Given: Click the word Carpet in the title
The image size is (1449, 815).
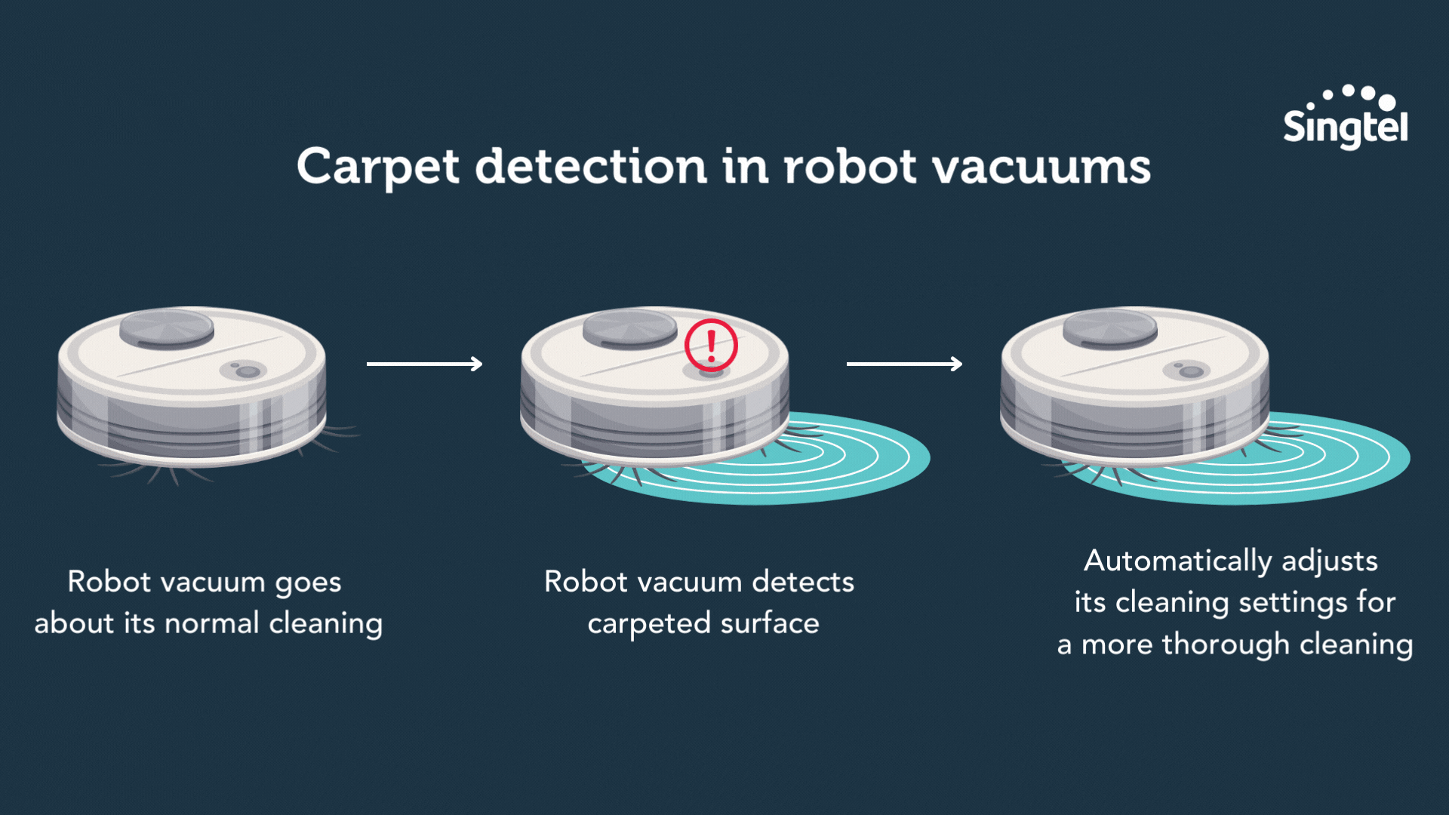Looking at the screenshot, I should (377, 168).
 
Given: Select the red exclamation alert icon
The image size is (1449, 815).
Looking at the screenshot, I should (711, 345).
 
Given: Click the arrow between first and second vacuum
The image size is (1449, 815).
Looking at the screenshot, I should (424, 364).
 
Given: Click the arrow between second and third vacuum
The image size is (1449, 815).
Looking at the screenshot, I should (904, 364).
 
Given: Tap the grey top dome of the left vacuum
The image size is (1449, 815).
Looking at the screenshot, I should (167, 328).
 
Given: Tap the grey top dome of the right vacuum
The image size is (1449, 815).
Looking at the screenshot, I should (1109, 328).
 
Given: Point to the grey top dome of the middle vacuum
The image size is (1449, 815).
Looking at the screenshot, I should (629, 328).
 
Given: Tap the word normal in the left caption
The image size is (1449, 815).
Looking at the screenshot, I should (212, 624).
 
